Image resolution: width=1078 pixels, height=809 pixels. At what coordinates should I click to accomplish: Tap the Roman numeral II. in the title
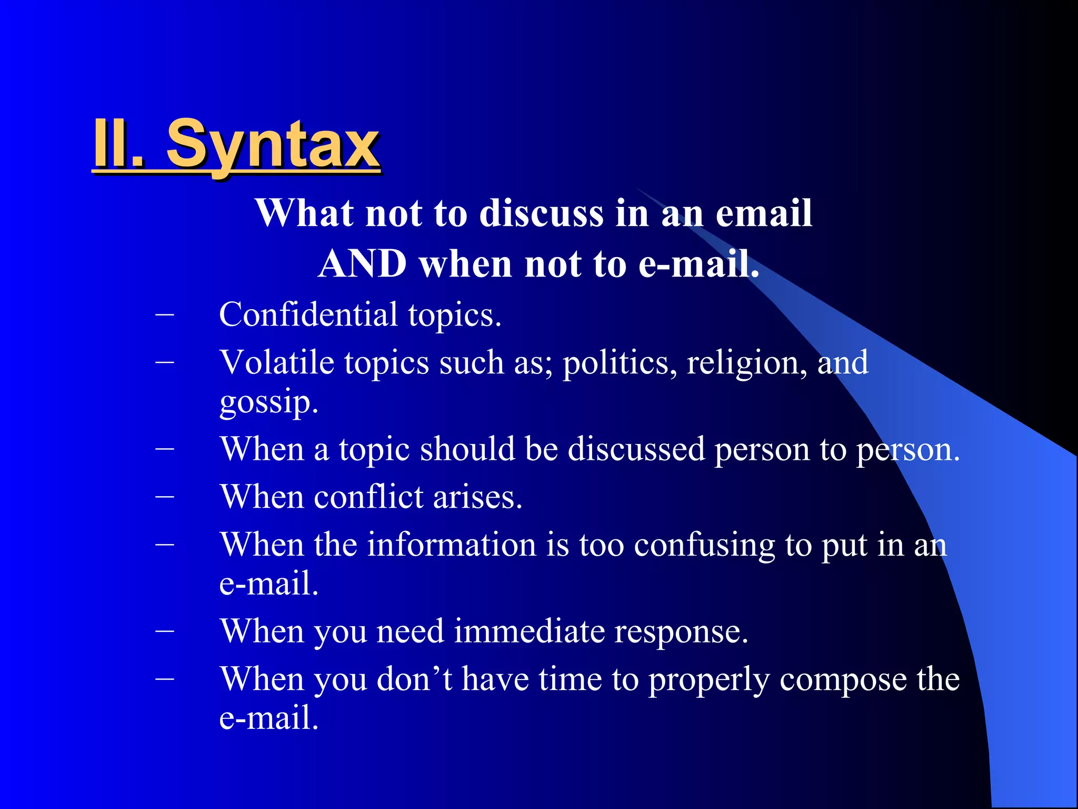click(118, 143)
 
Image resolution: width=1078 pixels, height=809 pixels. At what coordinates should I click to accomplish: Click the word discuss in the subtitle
click(542, 213)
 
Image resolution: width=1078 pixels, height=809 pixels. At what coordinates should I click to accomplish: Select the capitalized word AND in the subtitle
click(363, 263)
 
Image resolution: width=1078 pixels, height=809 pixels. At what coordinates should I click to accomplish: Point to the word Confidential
click(308, 314)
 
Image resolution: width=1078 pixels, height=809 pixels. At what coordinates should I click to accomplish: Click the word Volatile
click(277, 363)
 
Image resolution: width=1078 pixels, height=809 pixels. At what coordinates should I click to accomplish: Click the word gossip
click(268, 403)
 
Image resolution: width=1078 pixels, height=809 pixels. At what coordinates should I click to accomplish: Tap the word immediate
click(529, 632)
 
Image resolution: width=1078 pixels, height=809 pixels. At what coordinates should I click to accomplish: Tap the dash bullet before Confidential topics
click(165, 314)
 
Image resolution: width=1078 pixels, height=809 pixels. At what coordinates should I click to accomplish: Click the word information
click(451, 545)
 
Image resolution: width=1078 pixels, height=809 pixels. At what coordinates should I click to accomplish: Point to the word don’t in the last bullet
click(414, 679)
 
